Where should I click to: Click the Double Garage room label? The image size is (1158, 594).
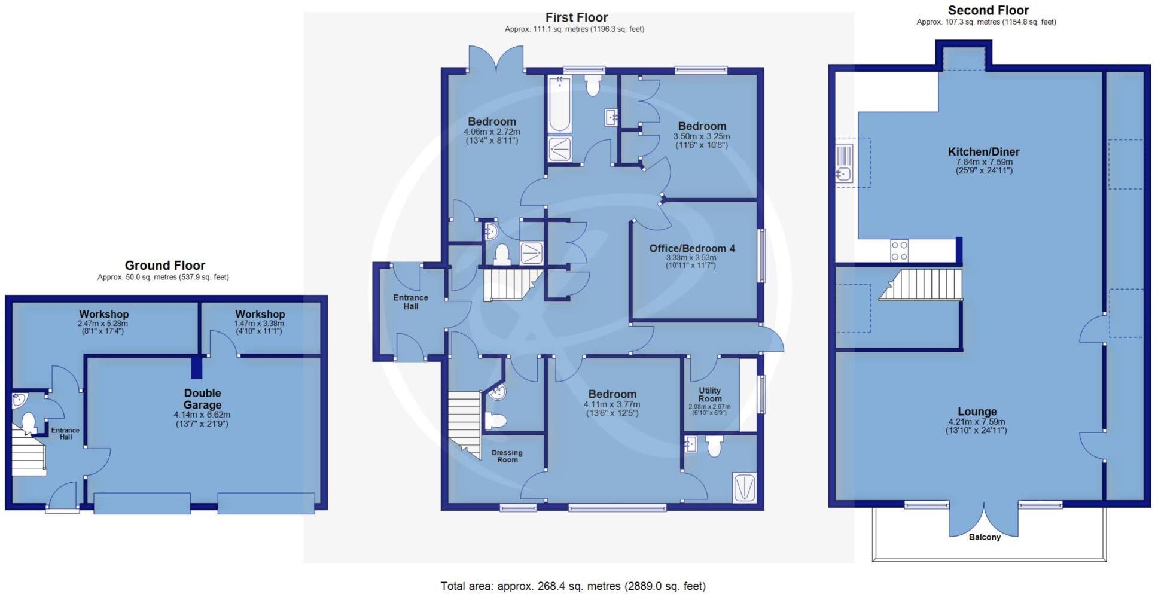click(202, 399)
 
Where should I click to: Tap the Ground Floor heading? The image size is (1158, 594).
click(164, 266)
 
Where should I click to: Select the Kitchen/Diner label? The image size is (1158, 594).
click(983, 152)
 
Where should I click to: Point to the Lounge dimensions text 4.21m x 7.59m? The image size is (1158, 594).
click(976, 422)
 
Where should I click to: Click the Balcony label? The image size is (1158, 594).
click(984, 537)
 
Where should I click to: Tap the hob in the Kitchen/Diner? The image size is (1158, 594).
click(899, 250)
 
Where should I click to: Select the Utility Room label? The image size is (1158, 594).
click(709, 394)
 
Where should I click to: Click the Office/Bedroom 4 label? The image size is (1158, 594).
click(692, 248)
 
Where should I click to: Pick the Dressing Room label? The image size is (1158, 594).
click(507, 456)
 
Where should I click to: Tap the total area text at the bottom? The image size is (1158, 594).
click(573, 586)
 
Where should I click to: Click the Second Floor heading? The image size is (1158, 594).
click(988, 10)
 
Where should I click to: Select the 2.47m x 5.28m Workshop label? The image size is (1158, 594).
click(103, 315)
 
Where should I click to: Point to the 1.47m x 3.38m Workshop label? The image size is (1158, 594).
click(260, 315)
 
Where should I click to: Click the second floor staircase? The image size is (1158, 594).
click(923, 285)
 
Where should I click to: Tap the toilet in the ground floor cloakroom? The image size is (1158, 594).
click(28, 423)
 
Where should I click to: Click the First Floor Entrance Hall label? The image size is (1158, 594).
click(410, 301)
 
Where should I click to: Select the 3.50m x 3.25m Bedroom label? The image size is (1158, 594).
click(702, 126)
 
